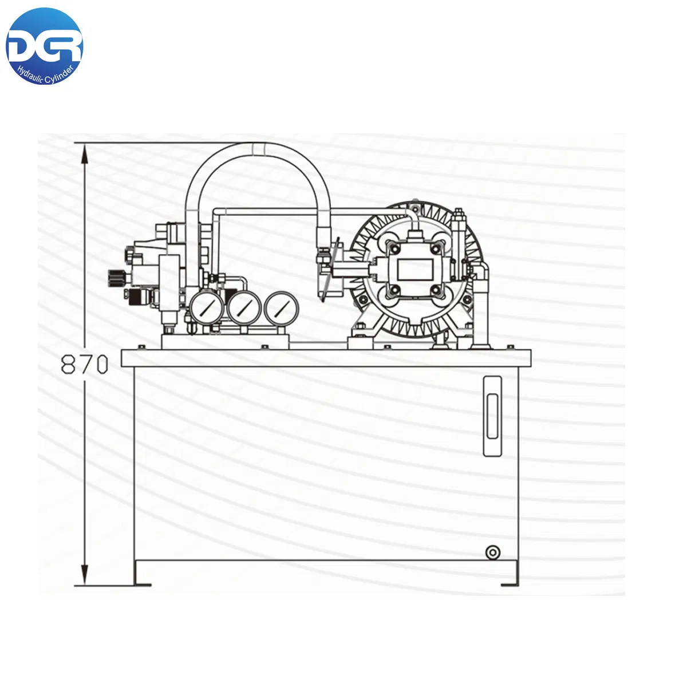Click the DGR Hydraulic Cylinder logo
pyautogui.click(x=44, y=46)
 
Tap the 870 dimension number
pyautogui.click(x=85, y=364)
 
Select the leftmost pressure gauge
pyautogui.click(x=207, y=307)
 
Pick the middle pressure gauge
pyautogui.click(x=244, y=308)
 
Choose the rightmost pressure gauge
pyautogui.click(x=281, y=309)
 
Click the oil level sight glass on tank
pyautogui.click(x=492, y=416)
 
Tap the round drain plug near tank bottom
pyautogui.click(x=493, y=552)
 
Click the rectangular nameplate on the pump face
pyautogui.click(x=415, y=269)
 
